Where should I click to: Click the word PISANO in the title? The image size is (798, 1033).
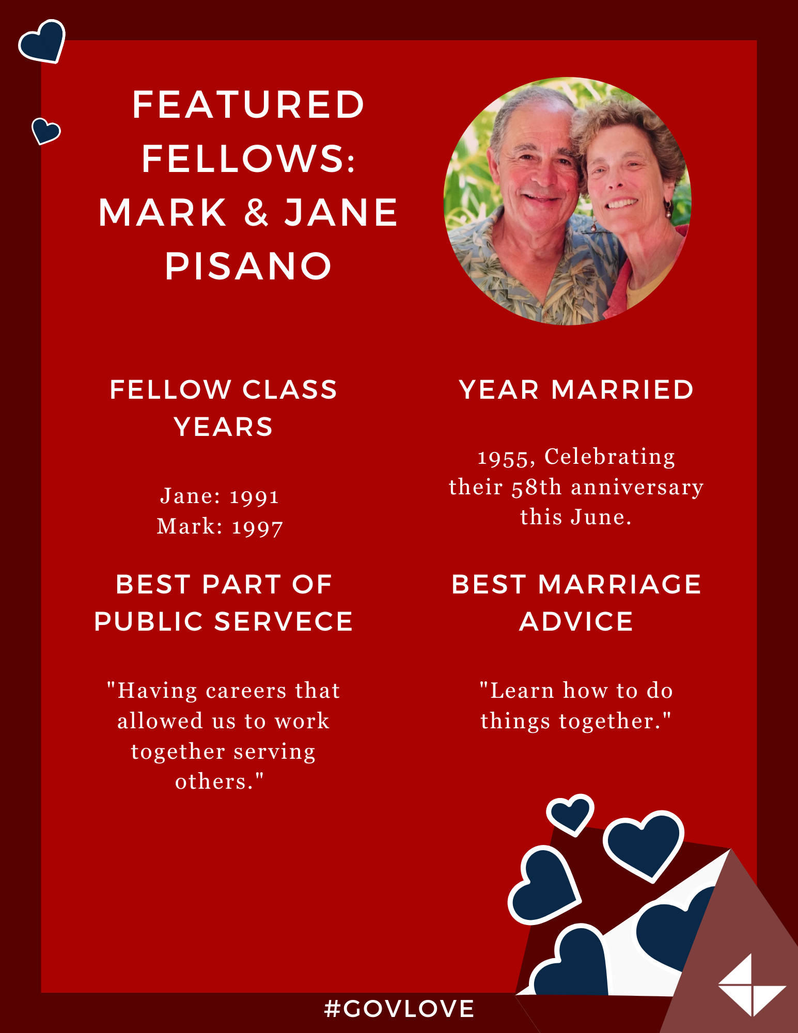pos(248,267)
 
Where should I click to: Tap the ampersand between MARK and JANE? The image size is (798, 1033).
pos(257,213)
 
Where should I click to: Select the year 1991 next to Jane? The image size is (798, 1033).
pos(254,497)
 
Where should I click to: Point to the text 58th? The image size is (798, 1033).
pos(537,487)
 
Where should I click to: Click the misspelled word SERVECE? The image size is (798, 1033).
pos(284,621)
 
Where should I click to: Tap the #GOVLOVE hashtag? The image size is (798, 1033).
pos(399,1009)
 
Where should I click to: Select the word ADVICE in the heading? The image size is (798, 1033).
pos(576,621)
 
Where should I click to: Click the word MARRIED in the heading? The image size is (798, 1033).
pos(622,389)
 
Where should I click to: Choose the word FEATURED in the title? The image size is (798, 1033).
pos(248,105)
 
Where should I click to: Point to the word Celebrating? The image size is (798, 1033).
pos(609,457)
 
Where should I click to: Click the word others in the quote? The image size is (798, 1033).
pos(214,782)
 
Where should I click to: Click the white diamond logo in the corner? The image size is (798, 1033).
pos(752,985)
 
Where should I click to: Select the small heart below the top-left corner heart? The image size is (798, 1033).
pos(45,130)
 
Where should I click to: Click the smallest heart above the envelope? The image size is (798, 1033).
pos(570,814)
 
